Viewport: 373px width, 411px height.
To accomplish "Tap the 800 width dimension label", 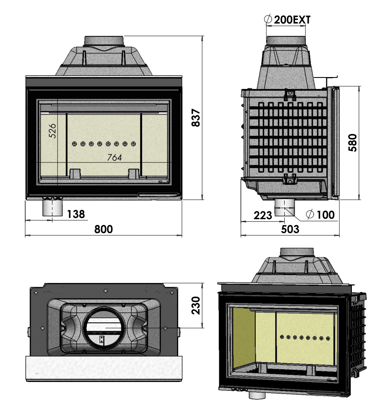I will click(103, 229).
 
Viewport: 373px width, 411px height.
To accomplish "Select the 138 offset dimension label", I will click(76, 214).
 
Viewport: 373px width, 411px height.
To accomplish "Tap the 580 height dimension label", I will click(353, 143).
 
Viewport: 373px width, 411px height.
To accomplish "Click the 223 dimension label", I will click(263, 215).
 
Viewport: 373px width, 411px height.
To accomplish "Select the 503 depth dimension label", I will click(290, 229).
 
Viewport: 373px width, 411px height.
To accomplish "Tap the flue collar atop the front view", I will click(104, 41).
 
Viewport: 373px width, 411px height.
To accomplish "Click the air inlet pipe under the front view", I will click(53, 207).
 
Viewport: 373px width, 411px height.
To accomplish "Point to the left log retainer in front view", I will click(74, 173).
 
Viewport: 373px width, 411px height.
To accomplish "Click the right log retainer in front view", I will click(133, 173).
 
